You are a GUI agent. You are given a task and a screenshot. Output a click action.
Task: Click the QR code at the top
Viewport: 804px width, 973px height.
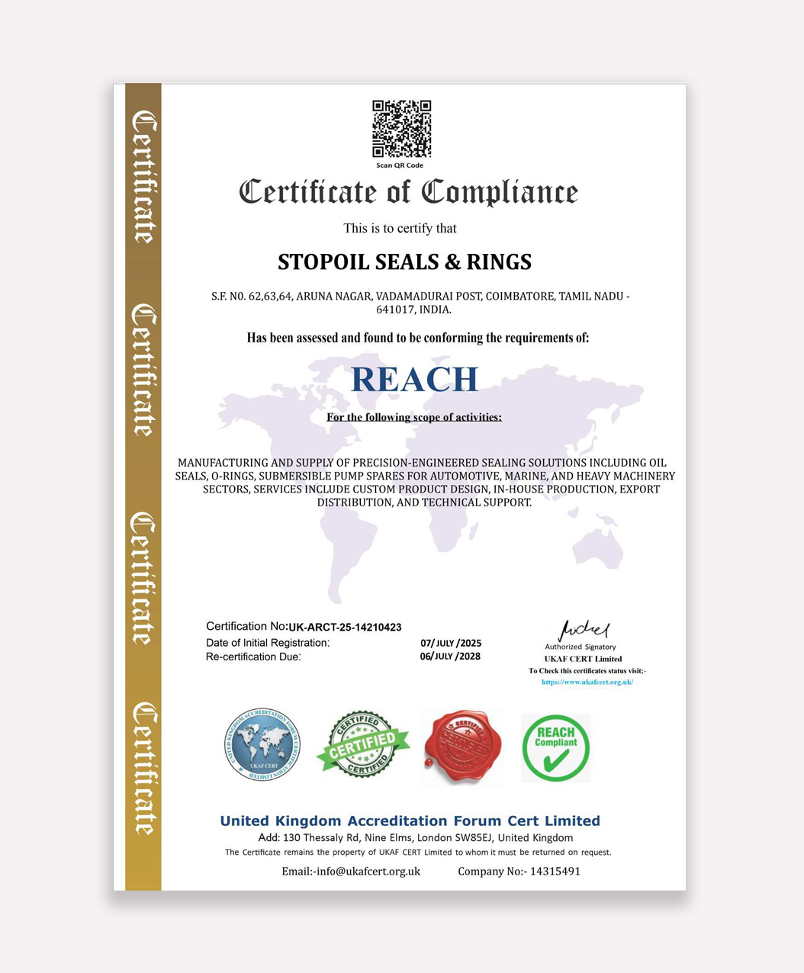(401, 129)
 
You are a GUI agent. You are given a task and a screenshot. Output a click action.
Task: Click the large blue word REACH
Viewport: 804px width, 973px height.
(414, 379)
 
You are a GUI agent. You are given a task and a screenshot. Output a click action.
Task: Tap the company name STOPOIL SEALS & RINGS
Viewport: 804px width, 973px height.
(404, 262)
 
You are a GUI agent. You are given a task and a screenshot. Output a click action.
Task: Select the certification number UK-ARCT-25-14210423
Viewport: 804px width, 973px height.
(345, 628)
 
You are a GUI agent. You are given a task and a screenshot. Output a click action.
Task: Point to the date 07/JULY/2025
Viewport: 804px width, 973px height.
(451, 643)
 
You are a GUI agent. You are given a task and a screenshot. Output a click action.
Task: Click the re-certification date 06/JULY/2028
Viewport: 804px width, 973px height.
(450, 657)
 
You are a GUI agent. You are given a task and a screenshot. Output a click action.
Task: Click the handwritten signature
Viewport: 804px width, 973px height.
(584, 631)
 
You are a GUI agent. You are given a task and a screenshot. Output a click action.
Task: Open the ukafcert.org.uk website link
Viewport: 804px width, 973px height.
(587, 682)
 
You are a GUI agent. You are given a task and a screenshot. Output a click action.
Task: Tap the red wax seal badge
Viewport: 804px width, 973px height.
(462, 747)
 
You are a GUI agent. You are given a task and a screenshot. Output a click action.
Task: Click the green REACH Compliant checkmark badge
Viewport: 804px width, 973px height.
(555, 748)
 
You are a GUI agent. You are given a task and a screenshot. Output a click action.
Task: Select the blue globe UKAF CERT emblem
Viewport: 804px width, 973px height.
(262, 745)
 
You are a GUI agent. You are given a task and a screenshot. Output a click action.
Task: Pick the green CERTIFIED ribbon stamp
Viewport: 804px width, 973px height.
(363, 745)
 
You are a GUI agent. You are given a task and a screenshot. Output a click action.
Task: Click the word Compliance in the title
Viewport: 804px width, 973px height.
(500, 193)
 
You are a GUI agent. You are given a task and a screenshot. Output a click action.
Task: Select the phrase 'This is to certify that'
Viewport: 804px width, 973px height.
(400, 228)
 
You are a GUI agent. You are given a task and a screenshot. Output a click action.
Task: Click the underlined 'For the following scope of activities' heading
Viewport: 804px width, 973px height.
(414, 417)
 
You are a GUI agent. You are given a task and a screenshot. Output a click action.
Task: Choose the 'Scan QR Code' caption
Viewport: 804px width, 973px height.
(400, 165)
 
